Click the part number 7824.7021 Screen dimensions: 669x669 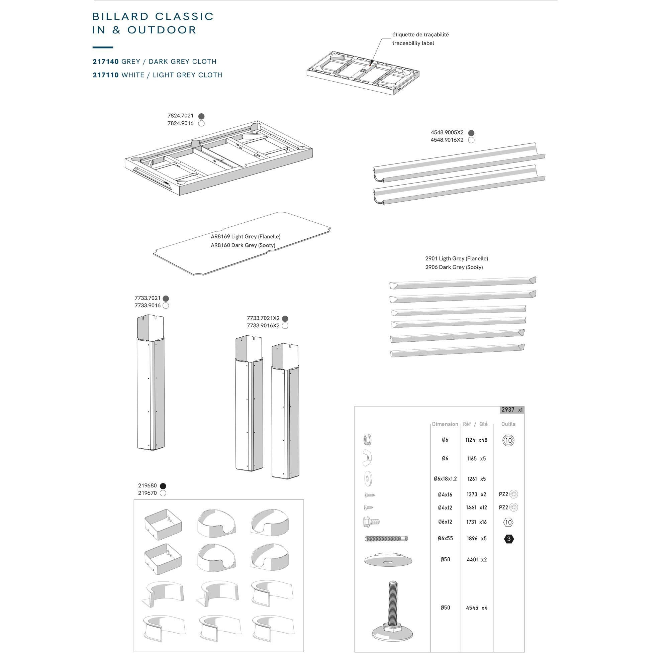click(180, 116)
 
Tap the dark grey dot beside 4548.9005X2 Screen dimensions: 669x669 click(471, 133)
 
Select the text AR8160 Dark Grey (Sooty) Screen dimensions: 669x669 click(243, 245)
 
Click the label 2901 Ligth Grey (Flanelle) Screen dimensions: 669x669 click(456, 258)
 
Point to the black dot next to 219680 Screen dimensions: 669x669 click(163, 486)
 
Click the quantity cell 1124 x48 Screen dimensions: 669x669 click(476, 440)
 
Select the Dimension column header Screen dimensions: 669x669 click(445, 424)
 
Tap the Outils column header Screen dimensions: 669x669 click(508, 424)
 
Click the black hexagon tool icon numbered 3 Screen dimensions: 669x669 click(508, 539)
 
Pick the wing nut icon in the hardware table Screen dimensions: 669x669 click(367, 458)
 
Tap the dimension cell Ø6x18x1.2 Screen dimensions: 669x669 click(445, 479)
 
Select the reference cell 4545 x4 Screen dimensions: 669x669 click(476, 608)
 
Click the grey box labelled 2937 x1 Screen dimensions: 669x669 click(512, 410)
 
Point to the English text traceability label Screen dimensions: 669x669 click(413, 43)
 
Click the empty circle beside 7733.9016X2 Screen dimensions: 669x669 click(285, 326)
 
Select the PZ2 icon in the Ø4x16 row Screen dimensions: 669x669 click(508, 494)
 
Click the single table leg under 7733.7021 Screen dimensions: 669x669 click(151, 382)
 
